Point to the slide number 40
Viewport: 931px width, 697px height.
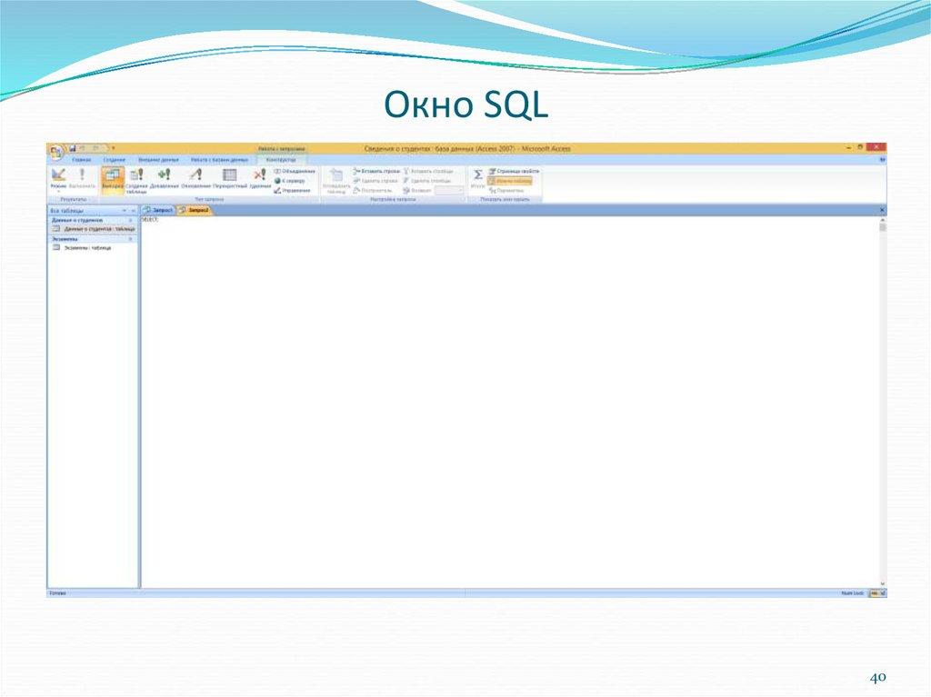pos(877,679)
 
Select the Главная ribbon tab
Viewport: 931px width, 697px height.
pos(82,159)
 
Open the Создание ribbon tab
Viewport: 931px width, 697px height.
pos(115,159)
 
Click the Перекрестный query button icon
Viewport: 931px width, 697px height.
pos(230,176)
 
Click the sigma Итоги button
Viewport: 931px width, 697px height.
pos(478,176)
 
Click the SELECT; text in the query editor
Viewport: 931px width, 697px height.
pos(150,220)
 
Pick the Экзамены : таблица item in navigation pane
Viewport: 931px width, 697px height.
pos(87,247)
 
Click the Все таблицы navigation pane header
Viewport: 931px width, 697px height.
pos(67,210)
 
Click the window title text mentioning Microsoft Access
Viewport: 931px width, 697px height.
pos(466,148)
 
